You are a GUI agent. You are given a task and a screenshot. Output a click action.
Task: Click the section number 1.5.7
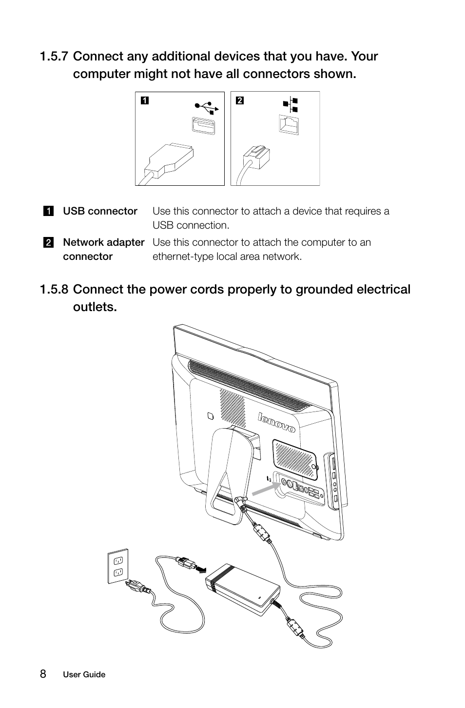tap(54, 57)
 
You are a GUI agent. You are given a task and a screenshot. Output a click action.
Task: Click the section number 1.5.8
tap(54, 290)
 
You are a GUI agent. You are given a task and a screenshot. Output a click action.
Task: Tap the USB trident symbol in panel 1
tap(207, 106)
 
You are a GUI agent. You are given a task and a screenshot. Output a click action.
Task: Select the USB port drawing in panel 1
tap(203, 126)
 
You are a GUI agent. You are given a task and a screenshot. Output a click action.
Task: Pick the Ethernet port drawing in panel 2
tap(289, 125)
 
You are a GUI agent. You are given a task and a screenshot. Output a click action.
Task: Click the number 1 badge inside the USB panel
tap(144, 101)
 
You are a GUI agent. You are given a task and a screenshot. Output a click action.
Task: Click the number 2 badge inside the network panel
tap(239, 101)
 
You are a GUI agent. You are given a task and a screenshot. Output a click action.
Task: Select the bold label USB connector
tap(100, 211)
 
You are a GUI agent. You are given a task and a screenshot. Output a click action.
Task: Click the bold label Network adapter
tap(103, 242)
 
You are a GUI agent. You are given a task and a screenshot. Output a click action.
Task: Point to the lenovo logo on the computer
tap(276, 422)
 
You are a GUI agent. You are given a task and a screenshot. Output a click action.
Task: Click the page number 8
tap(43, 674)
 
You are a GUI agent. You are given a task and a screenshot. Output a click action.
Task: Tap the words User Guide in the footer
tap(84, 675)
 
